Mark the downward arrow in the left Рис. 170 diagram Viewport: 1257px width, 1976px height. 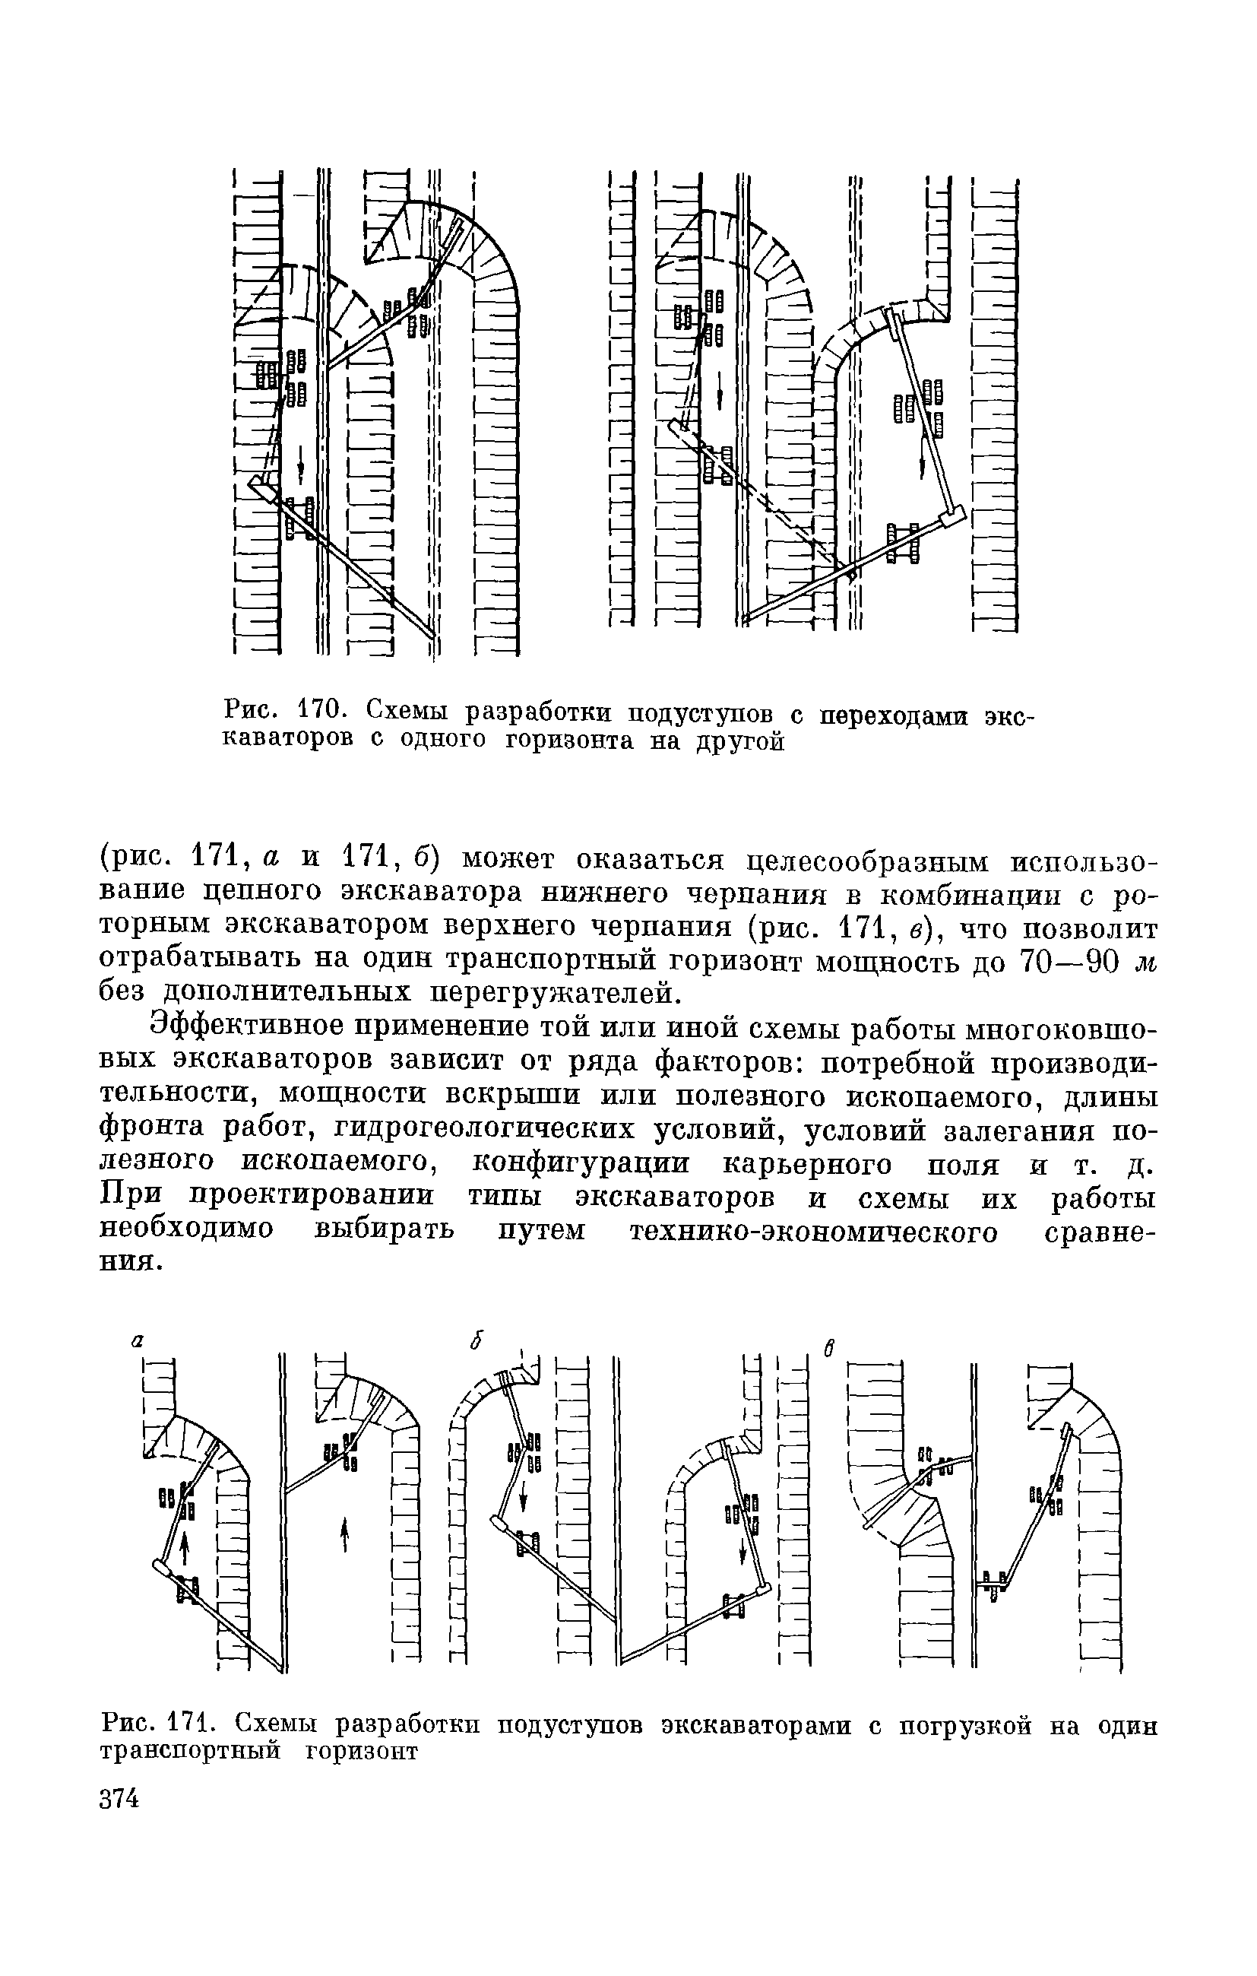coord(300,468)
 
